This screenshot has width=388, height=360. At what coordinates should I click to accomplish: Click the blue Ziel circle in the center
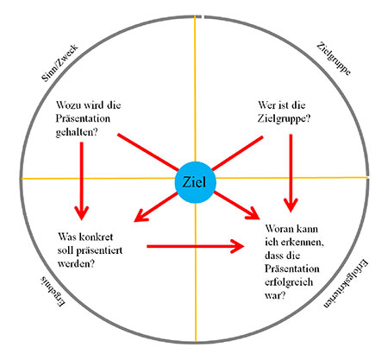tap(195, 182)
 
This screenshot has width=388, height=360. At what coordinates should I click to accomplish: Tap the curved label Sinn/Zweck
tap(59, 63)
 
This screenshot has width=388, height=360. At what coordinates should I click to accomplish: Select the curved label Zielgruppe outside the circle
tap(334, 59)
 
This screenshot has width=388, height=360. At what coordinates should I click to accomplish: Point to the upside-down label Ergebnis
tap(53, 292)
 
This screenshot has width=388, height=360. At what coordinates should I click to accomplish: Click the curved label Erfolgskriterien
tap(347, 284)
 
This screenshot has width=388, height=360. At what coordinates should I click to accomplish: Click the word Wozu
tap(68, 105)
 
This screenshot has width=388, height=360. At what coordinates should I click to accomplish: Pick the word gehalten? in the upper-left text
tap(77, 132)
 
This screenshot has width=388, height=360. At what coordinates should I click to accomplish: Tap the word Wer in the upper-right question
tap(267, 105)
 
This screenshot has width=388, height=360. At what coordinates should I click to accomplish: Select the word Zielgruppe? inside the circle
tap(284, 118)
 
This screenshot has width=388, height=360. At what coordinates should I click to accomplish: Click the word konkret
tap(96, 237)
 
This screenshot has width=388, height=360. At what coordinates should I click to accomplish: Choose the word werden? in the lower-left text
tap(76, 263)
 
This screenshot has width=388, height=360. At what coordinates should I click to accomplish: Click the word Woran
tap(278, 229)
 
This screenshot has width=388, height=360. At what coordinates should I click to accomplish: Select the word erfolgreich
tap(289, 282)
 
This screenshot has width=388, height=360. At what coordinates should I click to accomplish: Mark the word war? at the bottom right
tap(275, 295)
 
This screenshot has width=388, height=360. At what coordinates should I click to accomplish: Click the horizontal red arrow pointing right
tap(196, 246)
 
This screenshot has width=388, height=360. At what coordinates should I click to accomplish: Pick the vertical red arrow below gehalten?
tap(82, 181)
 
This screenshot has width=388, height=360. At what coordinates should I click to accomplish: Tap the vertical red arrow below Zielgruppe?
tap(291, 174)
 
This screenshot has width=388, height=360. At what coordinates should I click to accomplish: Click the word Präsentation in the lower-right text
tap(292, 268)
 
